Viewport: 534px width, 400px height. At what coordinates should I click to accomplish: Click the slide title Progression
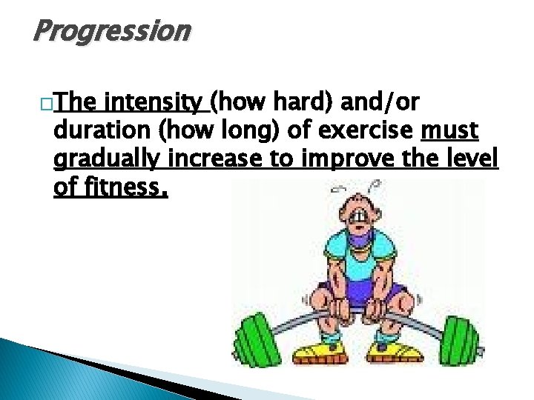[112, 32]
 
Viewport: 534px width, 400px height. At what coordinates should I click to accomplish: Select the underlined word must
[449, 130]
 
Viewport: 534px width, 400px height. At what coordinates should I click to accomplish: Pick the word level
[475, 160]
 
